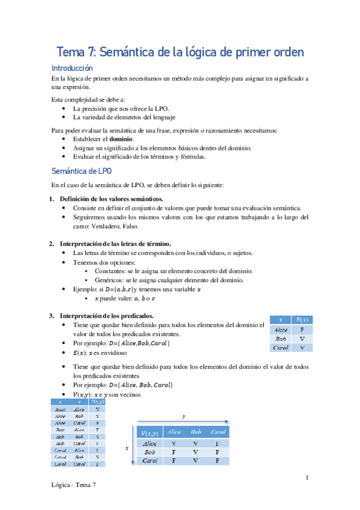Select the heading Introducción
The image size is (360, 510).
(x=72, y=69)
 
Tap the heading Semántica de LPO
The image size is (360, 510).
(x=81, y=170)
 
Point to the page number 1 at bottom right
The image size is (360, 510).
(x=307, y=478)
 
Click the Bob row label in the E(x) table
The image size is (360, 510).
(x=281, y=339)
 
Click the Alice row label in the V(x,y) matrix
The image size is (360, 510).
(x=150, y=443)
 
